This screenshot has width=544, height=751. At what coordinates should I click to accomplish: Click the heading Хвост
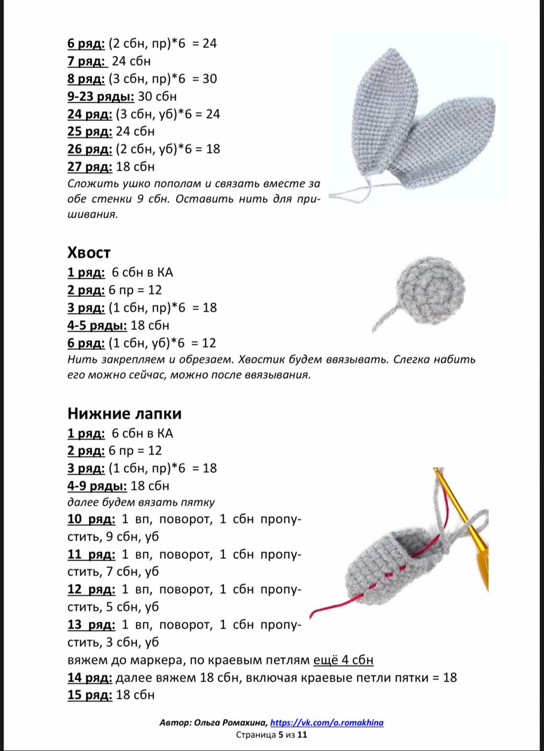(89, 253)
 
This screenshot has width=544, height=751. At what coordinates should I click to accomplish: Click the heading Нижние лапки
(124, 414)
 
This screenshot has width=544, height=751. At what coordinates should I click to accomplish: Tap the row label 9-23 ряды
(100, 96)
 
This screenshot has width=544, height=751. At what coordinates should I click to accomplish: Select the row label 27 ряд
(90, 167)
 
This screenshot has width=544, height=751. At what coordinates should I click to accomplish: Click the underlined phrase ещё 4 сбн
(343, 660)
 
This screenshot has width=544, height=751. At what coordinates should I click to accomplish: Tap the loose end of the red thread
(312, 613)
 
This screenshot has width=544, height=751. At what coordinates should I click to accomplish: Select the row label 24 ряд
(90, 114)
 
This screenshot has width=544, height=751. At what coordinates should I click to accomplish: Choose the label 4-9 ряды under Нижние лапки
(97, 486)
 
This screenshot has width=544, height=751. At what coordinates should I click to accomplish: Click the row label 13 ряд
(91, 624)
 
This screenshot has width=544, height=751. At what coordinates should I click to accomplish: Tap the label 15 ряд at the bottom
(90, 695)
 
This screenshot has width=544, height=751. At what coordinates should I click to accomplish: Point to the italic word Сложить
(88, 184)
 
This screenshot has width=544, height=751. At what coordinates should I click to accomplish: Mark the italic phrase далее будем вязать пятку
(141, 503)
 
